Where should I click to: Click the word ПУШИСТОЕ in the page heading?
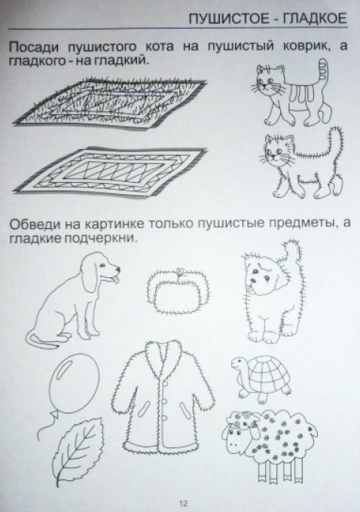[x=229, y=19]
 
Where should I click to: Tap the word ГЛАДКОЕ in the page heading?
[x=314, y=19]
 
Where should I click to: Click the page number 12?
[x=183, y=503]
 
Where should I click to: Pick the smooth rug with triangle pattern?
[x=110, y=172]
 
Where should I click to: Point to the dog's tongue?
[x=114, y=279]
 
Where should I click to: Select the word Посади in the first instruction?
[x=34, y=47]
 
